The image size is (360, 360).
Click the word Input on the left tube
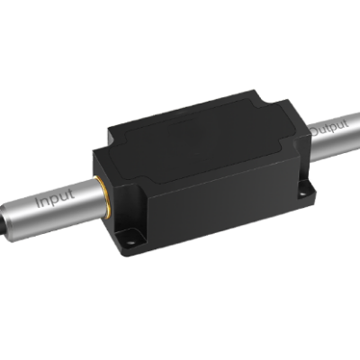(55, 201)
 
